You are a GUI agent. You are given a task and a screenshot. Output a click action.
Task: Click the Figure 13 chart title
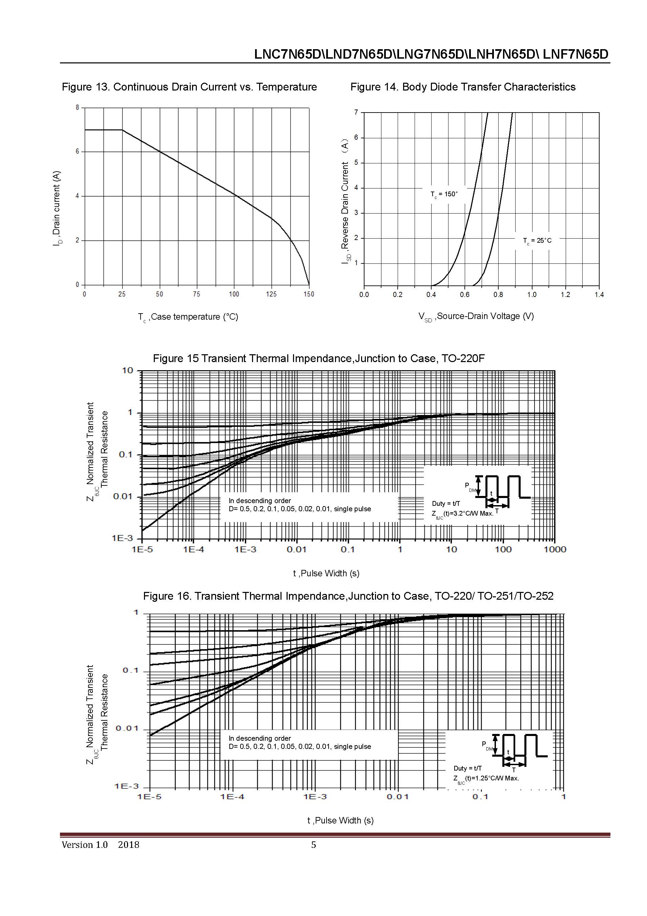[x=189, y=87]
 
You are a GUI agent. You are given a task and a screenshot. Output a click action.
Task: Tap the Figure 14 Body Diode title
[x=463, y=87]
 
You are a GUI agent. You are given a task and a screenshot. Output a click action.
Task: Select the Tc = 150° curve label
[x=444, y=194]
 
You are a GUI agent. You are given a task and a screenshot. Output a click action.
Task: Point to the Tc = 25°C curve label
[x=537, y=241]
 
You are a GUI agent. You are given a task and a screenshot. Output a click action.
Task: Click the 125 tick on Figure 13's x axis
[x=271, y=294]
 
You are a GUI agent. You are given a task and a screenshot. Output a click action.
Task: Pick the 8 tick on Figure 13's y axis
[x=78, y=108]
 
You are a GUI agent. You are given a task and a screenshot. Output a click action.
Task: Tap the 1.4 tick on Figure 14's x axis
[x=599, y=295]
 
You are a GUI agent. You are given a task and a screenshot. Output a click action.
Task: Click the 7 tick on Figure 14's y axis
[x=356, y=113]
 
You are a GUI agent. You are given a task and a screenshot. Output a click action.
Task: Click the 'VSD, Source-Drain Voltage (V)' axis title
[x=476, y=316]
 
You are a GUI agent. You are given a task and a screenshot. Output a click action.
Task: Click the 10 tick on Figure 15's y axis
[x=128, y=371]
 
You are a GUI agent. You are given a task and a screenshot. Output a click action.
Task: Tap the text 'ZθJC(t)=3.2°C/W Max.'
[x=462, y=514]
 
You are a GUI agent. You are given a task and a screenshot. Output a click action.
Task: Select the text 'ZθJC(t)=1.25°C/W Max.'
[x=486, y=778]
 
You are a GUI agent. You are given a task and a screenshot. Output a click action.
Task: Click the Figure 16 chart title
[x=348, y=596]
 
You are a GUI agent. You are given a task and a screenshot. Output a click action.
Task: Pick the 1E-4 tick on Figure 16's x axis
[x=232, y=797]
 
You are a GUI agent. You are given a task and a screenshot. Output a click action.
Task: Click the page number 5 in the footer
[x=313, y=844]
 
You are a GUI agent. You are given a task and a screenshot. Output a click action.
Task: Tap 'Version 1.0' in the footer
[x=84, y=844]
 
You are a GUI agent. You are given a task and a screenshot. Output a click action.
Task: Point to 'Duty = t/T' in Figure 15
[x=446, y=503]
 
